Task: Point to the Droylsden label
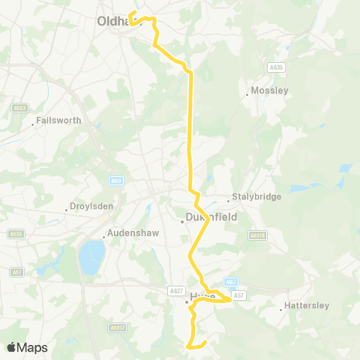point(89,205)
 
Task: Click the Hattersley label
point(302,307)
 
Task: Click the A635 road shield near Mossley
point(277,67)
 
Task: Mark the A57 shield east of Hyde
point(238,296)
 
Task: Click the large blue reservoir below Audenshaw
point(91,258)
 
